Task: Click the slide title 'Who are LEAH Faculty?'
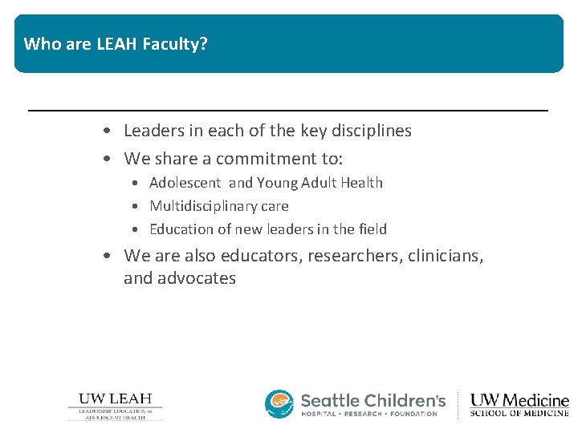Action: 116,44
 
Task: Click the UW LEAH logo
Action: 115,406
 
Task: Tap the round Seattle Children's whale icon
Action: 279,404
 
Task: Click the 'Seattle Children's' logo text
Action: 372,399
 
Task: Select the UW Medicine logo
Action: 519,405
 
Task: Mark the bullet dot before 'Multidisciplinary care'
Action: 138,207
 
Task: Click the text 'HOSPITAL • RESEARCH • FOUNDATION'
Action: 368,414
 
